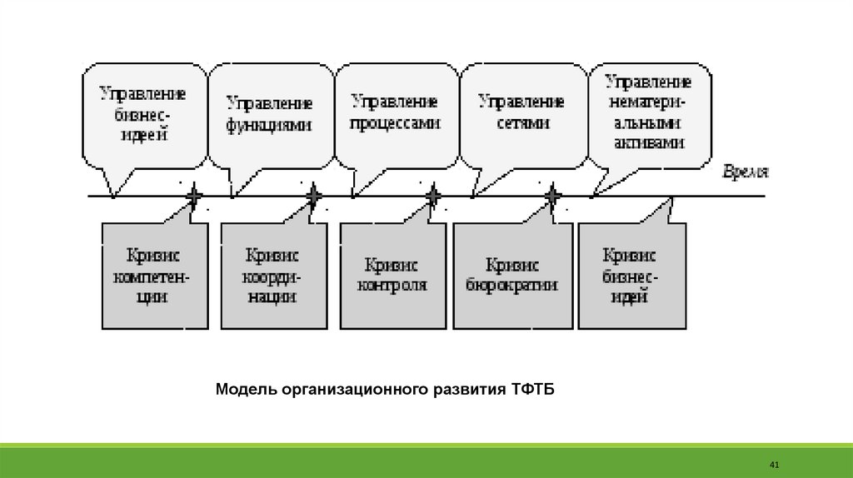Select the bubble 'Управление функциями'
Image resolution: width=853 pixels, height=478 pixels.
click(269, 114)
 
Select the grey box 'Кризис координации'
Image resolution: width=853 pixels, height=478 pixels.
click(272, 275)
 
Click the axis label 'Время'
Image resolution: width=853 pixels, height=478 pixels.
click(744, 172)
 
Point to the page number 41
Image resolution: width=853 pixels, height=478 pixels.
click(773, 463)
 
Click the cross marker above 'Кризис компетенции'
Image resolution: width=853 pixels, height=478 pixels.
click(193, 197)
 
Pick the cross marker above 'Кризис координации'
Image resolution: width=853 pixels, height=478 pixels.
click(313, 197)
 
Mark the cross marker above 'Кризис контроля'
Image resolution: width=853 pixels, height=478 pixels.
click(433, 197)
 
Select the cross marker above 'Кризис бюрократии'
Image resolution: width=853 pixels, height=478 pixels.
click(552, 197)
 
